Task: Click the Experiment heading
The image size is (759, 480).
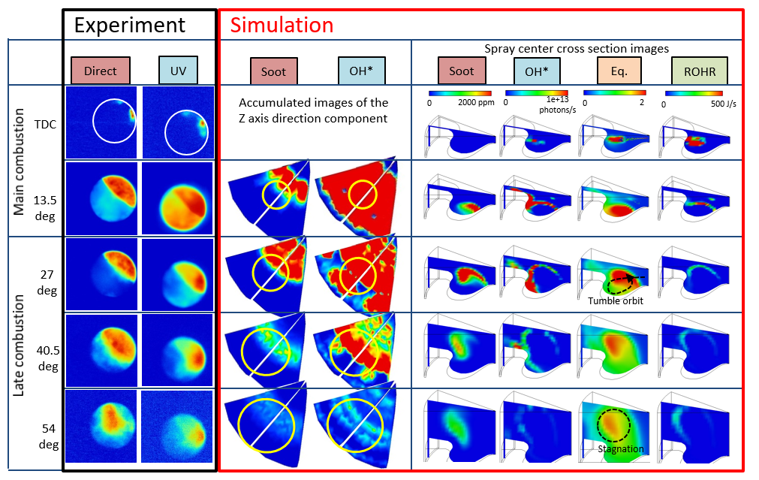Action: (x=130, y=25)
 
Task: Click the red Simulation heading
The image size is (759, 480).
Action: (x=282, y=25)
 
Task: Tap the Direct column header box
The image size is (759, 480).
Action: (x=101, y=71)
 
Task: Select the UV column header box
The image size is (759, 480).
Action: (x=178, y=71)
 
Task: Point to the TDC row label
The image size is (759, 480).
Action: (x=44, y=122)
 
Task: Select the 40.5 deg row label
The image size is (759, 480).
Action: (x=43, y=349)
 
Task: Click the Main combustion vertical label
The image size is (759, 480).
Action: (x=20, y=162)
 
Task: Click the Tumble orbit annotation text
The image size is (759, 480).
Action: (x=615, y=300)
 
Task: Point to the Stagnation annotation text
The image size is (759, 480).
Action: (x=621, y=449)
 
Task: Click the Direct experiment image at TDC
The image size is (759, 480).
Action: (x=101, y=122)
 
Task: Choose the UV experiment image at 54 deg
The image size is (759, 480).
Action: (x=177, y=427)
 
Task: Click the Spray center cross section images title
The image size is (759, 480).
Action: (x=577, y=49)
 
